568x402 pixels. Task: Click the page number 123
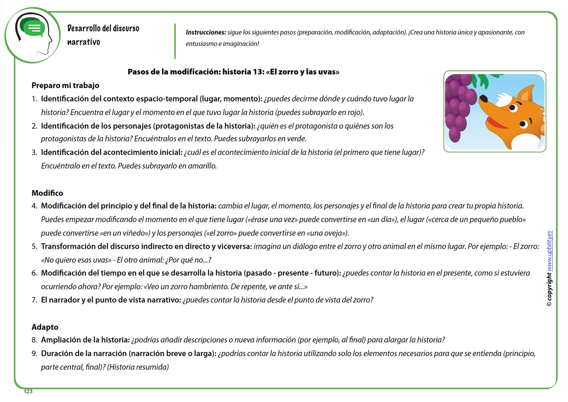[x=29, y=391]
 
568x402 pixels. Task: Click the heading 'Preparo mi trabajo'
[x=66, y=86]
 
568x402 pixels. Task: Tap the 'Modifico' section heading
[x=47, y=193]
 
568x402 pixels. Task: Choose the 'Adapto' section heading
[x=45, y=327]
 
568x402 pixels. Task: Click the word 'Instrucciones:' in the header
[x=205, y=33]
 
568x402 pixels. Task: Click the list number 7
[x=34, y=300]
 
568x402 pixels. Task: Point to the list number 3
[x=34, y=153]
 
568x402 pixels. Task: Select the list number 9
[x=34, y=354]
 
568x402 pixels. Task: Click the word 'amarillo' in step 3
[x=202, y=166]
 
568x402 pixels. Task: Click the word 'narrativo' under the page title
[x=84, y=42]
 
